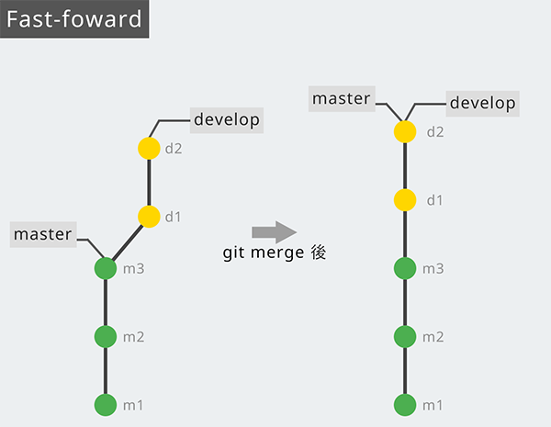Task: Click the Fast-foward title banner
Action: click(x=73, y=19)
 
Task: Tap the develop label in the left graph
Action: click(x=227, y=119)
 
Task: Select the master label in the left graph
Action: click(x=43, y=234)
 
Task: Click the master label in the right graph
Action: click(x=342, y=98)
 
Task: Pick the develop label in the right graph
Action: click(x=483, y=103)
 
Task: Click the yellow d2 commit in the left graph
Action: click(x=149, y=148)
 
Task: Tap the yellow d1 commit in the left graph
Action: click(x=149, y=217)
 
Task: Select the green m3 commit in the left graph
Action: click(x=106, y=268)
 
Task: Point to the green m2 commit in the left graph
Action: click(x=106, y=336)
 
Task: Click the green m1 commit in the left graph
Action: click(x=106, y=404)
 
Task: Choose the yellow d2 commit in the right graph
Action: click(x=405, y=131)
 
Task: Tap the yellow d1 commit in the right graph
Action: click(x=405, y=199)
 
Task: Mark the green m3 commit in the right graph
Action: click(x=405, y=268)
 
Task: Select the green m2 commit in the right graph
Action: click(x=405, y=336)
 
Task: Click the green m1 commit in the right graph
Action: click(x=405, y=404)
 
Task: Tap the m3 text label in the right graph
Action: click(x=433, y=268)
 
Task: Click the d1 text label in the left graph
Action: click(x=174, y=217)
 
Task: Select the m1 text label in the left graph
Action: click(x=134, y=404)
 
